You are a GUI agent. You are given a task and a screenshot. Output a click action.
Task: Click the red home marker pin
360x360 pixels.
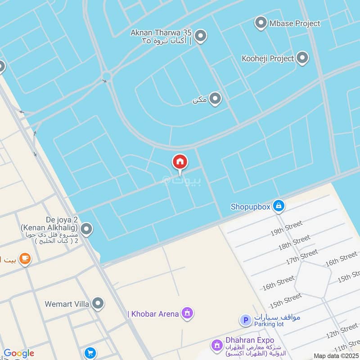pyautogui.click(x=180, y=162)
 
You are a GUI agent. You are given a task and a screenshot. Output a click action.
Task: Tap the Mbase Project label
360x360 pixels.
pyautogui.click(x=295, y=23)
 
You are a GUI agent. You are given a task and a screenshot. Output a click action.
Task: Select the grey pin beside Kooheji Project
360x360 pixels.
pyautogui.click(x=302, y=58)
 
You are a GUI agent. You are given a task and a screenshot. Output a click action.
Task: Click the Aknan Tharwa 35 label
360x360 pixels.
pyautogui.click(x=161, y=33)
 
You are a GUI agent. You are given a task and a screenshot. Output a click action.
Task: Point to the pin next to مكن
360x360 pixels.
pyautogui.click(x=216, y=99)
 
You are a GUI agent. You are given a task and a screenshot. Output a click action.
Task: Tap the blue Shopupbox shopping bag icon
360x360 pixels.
pyautogui.click(x=279, y=207)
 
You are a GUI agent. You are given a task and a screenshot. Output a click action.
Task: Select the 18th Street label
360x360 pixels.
pyautogui.click(x=294, y=243)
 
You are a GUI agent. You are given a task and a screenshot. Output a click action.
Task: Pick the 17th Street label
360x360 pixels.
pyautogui.click(x=302, y=257)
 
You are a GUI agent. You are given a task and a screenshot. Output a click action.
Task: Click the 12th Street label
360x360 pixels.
pyautogui.click(x=342, y=331)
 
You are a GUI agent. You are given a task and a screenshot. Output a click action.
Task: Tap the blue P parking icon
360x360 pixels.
pyautogui.click(x=246, y=320)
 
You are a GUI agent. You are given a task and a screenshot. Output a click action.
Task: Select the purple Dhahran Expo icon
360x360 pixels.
pyautogui.click(x=217, y=345)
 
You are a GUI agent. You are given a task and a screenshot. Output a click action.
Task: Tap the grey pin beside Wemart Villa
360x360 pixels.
pyautogui.click(x=98, y=304)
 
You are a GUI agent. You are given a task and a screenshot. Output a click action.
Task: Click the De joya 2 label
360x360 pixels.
pyautogui.click(x=61, y=219)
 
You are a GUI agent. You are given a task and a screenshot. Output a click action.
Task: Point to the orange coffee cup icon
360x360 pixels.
pyautogui.click(x=25, y=259)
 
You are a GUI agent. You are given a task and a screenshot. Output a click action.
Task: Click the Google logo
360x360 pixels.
pyautogui.click(x=19, y=353)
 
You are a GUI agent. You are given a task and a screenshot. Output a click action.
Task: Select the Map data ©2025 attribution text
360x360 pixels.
pyautogui.click(x=336, y=356)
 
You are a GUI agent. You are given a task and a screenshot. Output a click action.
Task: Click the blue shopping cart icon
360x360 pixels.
pyautogui.click(x=90, y=353)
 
